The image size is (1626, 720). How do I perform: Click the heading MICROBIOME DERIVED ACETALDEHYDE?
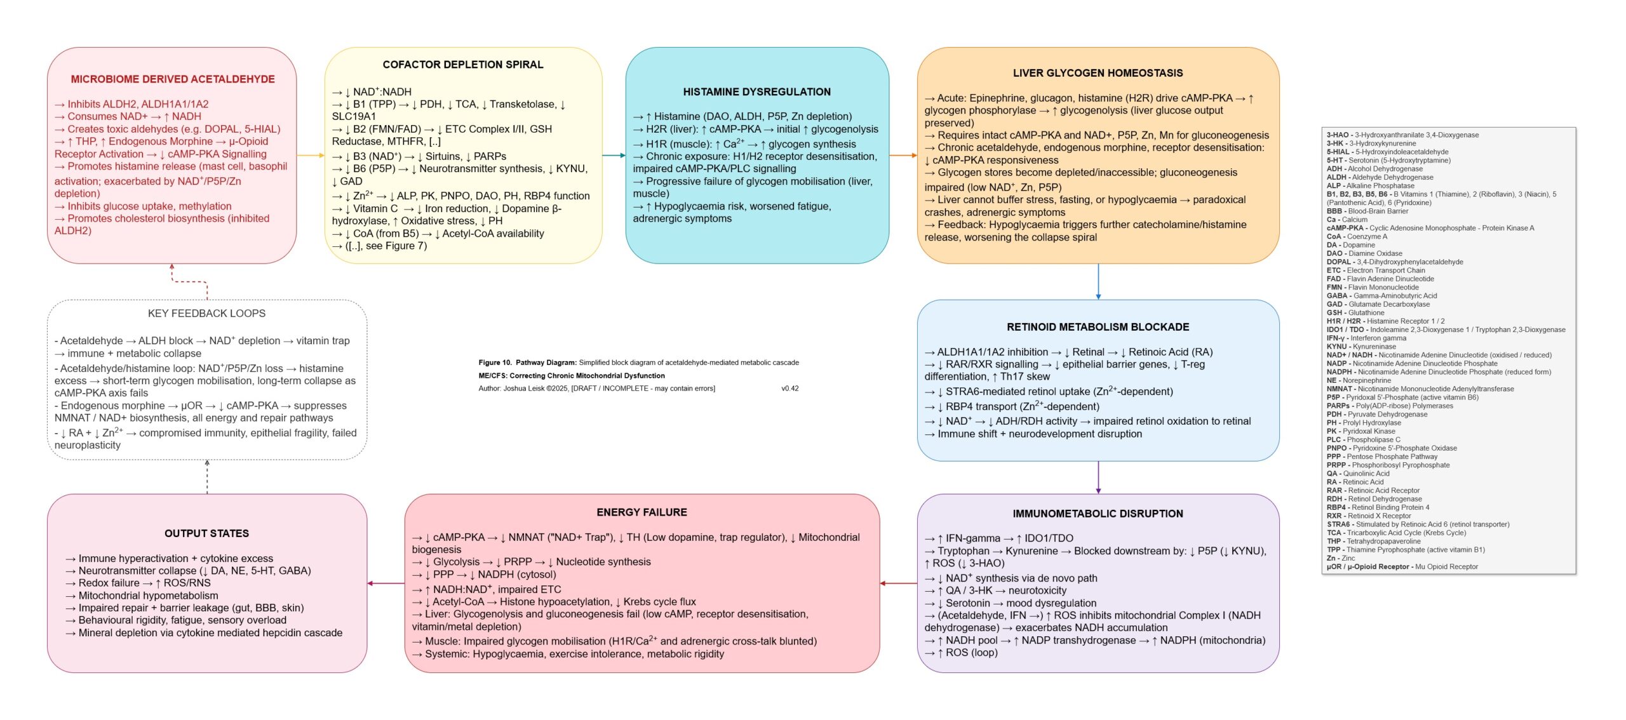(173, 79)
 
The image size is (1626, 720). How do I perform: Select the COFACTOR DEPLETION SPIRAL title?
(462, 65)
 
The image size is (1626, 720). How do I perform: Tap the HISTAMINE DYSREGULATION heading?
(756, 92)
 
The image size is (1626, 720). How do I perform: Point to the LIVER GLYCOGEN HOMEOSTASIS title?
(1098, 73)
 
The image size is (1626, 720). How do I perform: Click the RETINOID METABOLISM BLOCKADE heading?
(1098, 327)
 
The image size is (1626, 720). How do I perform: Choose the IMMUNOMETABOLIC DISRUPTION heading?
(1098, 514)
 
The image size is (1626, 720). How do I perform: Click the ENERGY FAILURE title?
(642, 512)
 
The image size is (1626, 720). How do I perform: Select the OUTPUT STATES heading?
(206, 533)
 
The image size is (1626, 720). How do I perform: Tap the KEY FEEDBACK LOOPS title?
(206, 314)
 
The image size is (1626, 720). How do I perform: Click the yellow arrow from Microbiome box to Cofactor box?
(311, 156)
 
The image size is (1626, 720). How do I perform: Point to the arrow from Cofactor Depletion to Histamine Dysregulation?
(614, 156)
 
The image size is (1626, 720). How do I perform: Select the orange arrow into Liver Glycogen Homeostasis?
(903, 156)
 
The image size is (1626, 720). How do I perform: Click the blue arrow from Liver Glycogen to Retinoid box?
(1098, 281)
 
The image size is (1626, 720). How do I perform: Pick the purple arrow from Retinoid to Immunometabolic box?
(1098, 477)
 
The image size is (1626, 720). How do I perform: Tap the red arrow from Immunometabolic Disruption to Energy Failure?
(898, 583)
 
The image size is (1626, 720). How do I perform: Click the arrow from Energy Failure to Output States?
(386, 583)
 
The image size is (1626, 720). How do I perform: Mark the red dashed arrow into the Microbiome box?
(189, 281)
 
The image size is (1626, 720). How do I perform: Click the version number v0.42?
(789, 389)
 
